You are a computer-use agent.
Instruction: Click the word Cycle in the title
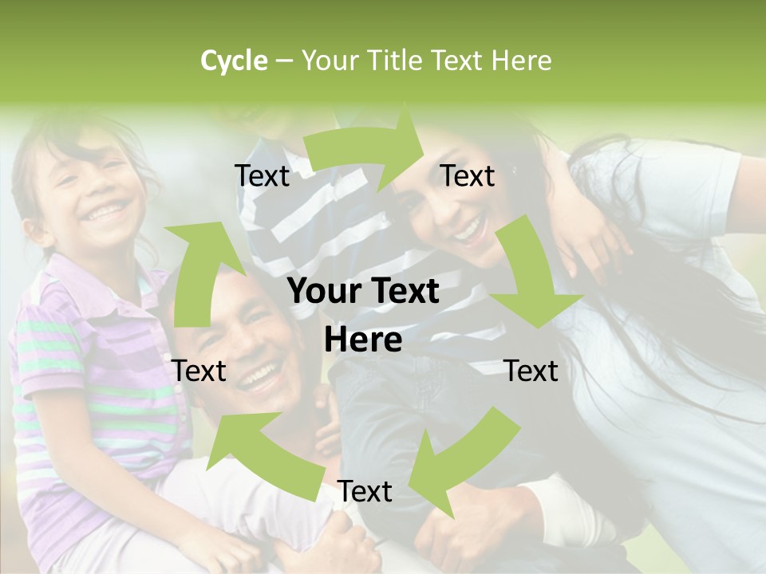click(234, 61)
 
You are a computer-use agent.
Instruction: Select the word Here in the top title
click(521, 61)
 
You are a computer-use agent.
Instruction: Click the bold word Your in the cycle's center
click(321, 292)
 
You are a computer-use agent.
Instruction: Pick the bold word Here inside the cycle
click(363, 340)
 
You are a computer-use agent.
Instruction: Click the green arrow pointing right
click(367, 151)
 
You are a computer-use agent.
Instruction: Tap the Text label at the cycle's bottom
click(365, 492)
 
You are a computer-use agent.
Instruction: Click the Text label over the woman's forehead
click(468, 176)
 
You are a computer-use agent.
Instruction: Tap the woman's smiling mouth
click(469, 232)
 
